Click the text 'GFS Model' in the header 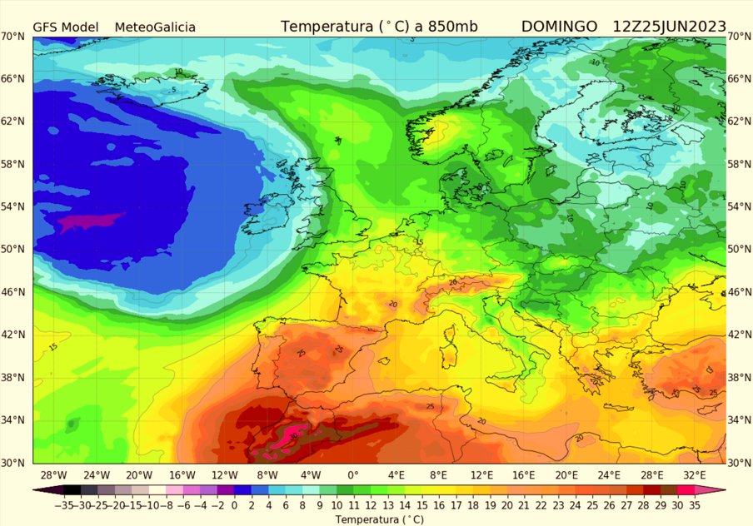point(65,27)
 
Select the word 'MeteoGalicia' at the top point(155,27)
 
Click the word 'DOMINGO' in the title point(559,27)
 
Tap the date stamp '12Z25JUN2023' point(669,27)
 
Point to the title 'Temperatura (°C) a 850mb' point(379,27)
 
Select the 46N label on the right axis point(739,292)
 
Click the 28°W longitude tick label point(53,475)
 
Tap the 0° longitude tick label point(353,475)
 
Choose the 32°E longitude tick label point(695,475)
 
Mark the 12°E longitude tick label point(481,475)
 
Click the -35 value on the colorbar point(41,504)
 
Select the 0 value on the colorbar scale point(235,504)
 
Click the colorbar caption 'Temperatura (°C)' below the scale point(379,519)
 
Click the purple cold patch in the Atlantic point(92,221)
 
